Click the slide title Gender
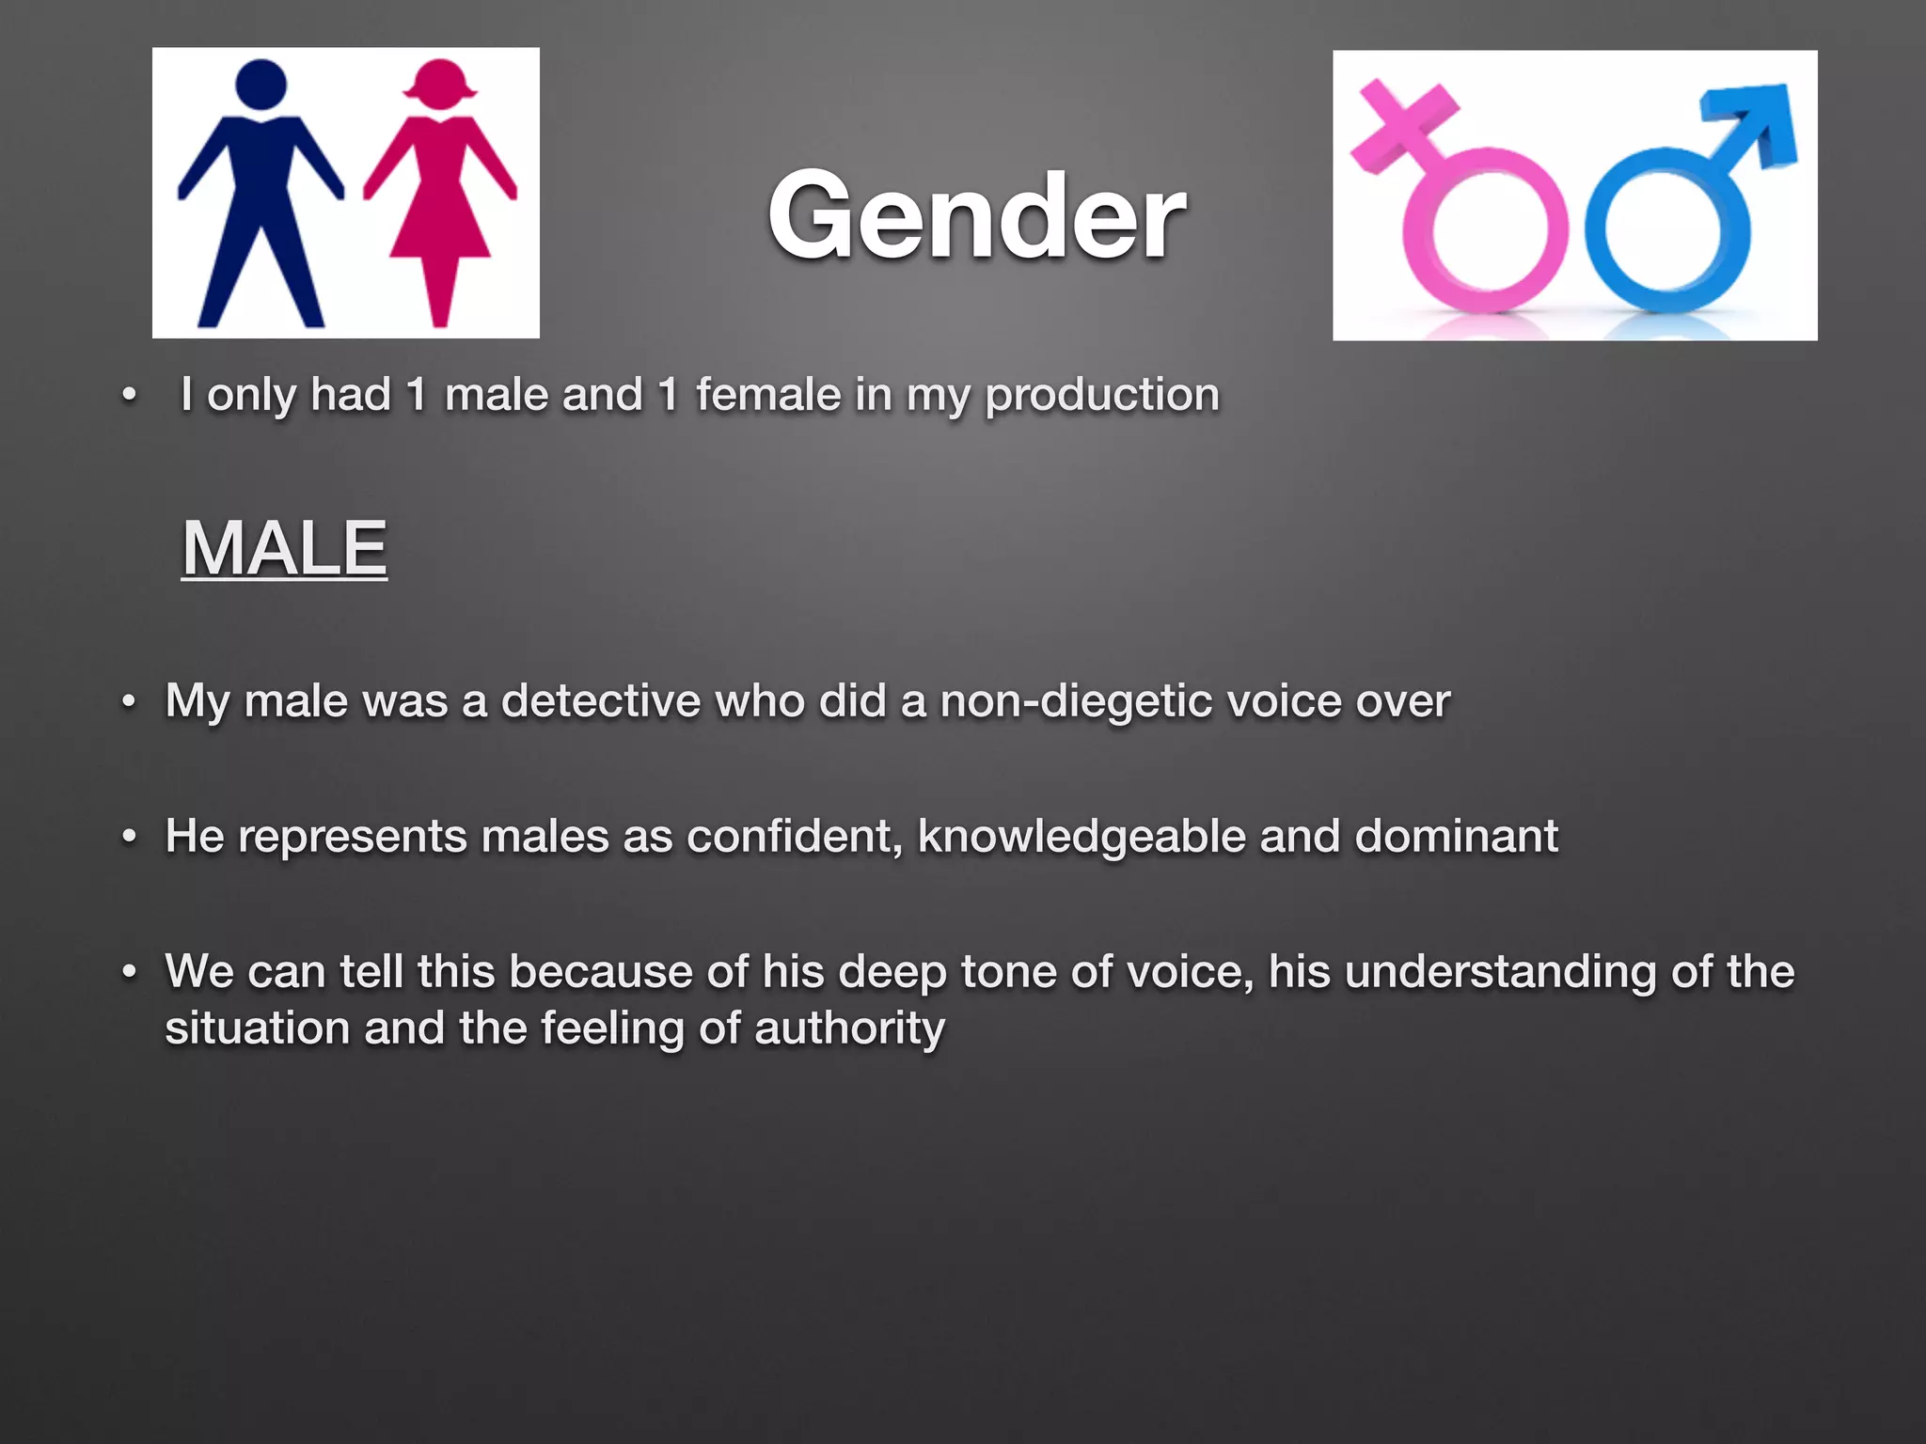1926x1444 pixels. pyautogui.click(x=975, y=216)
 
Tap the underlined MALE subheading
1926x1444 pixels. pyautogui.click(x=284, y=549)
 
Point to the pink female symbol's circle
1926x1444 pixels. pyautogui.click(x=1486, y=231)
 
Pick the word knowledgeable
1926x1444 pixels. pyautogui.click(x=1081, y=837)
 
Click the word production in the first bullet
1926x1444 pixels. pyautogui.click(x=1101, y=395)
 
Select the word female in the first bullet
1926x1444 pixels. pyautogui.click(x=768, y=395)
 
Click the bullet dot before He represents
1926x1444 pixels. pyautogui.click(x=130, y=837)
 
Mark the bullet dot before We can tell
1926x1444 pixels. pyautogui.click(x=130, y=972)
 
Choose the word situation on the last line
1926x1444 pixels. pyautogui.click(x=257, y=1028)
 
